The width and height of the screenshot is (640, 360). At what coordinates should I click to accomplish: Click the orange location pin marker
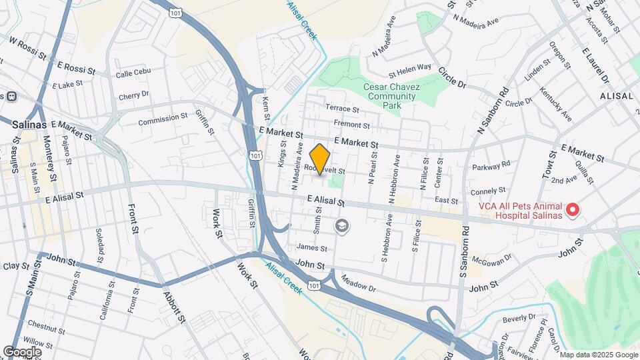tap(320, 159)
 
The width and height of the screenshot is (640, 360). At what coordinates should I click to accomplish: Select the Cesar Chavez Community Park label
tap(389, 92)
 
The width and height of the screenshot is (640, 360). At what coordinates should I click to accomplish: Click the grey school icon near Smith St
tap(342, 227)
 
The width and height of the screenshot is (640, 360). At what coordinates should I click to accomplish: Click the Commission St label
tap(163, 119)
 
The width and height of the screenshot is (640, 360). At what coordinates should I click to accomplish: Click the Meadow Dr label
tap(358, 284)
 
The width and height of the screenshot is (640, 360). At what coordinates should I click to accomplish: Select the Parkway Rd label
tap(491, 165)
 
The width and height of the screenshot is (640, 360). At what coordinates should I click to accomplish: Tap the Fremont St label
tap(351, 125)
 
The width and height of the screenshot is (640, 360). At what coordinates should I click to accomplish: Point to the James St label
tap(312, 248)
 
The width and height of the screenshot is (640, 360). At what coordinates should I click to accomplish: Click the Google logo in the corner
tap(21, 351)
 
